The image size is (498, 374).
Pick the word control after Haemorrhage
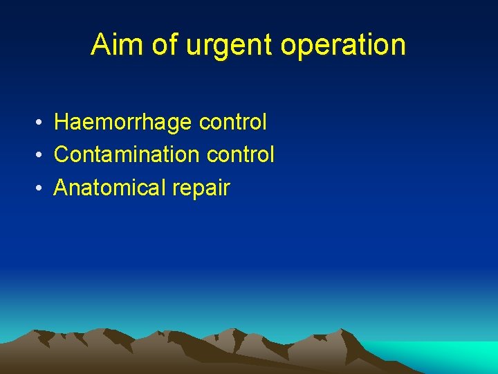coord(232,123)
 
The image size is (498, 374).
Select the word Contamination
coord(122,154)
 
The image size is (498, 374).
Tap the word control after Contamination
coord(240,154)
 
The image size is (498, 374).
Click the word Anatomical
coord(113,187)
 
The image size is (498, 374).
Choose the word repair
coord(204,188)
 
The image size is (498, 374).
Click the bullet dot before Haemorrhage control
coord(42,123)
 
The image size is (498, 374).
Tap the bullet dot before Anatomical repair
coord(42,188)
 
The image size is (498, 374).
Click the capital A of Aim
coord(100,45)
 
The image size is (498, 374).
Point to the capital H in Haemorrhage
coord(62,123)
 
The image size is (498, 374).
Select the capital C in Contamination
coord(62,154)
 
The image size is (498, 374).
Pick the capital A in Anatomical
coord(61,187)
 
